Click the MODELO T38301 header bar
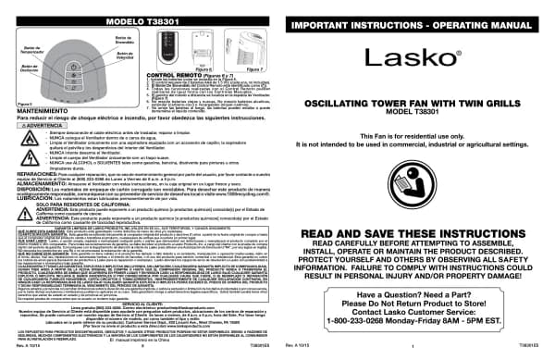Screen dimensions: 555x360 pyautogui.click(x=138, y=19)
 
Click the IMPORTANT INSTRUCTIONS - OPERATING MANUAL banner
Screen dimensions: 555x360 pyautogui.click(x=414, y=19)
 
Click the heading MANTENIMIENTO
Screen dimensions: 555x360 pyautogui.click(x=44, y=137)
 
